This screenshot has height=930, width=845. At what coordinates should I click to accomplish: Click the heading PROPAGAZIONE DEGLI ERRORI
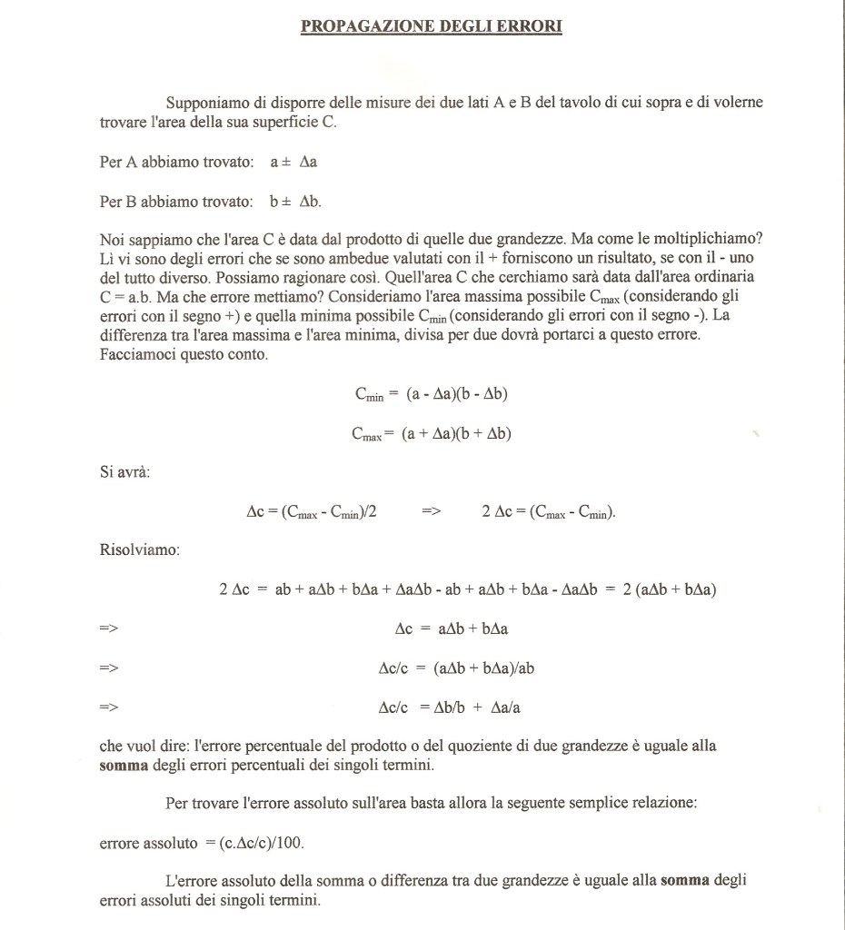[432, 27]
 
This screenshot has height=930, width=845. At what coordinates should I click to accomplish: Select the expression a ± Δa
[293, 163]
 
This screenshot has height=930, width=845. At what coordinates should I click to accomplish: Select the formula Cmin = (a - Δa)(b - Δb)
[436, 394]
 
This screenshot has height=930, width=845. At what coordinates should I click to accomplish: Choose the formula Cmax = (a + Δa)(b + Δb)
[432, 434]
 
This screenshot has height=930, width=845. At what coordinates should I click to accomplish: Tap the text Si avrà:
[124, 472]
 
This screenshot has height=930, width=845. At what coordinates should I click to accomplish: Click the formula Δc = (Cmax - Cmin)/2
[312, 512]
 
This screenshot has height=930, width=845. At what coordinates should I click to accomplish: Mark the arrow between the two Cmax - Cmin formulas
[432, 512]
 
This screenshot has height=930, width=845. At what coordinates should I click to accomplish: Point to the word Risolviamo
[139, 550]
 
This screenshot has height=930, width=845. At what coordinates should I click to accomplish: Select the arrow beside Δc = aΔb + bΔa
[109, 628]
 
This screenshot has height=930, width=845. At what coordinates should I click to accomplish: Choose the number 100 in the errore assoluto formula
[289, 843]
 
